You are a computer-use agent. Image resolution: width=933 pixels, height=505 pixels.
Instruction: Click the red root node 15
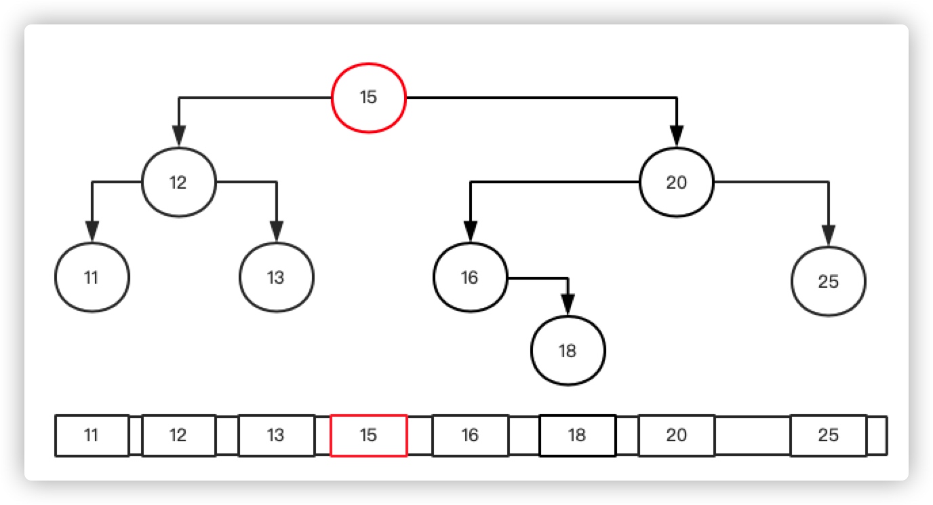point(368,98)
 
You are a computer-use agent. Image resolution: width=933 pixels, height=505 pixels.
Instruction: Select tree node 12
point(178,183)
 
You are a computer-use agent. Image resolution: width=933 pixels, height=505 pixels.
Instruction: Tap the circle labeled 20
point(676,183)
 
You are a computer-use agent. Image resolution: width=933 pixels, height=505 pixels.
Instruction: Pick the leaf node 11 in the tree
point(92,277)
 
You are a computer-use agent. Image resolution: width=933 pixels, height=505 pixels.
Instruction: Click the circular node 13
point(276,277)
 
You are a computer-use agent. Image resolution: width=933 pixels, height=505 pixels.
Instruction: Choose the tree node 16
point(470,277)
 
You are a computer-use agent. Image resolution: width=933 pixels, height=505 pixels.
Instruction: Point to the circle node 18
point(568,351)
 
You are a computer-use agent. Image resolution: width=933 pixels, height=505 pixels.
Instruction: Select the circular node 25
point(828,281)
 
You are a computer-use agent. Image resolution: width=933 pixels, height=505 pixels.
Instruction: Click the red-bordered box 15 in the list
point(368,435)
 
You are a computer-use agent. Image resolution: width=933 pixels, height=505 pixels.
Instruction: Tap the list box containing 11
point(92,435)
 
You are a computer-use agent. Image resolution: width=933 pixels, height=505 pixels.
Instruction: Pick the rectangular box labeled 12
point(178,435)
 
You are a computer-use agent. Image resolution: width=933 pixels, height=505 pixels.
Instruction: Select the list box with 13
point(276,435)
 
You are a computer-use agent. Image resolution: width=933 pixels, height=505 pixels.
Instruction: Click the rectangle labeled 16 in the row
point(470,435)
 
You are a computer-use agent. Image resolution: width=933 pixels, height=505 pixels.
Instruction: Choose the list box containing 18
point(577,435)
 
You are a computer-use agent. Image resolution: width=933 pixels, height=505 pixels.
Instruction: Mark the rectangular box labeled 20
point(676,435)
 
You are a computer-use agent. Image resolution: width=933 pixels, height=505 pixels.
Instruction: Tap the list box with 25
point(828,435)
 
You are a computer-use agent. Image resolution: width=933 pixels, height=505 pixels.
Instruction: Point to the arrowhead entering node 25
point(828,235)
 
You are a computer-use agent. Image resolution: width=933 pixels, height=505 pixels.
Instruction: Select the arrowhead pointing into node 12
point(179,136)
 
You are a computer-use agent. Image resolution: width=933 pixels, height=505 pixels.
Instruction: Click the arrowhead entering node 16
point(471,231)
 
